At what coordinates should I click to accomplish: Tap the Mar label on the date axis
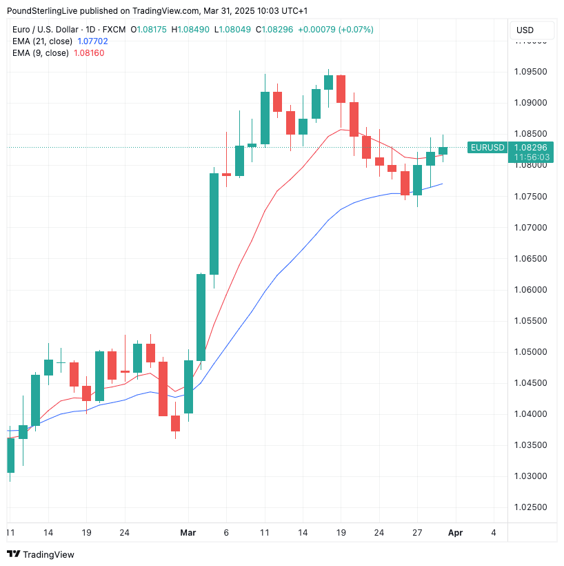coord(188,533)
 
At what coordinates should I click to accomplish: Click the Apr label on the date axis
coord(456,533)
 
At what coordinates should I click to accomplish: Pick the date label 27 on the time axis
coord(417,533)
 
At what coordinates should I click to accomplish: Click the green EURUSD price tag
coord(487,147)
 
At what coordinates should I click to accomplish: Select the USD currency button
coord(525,30)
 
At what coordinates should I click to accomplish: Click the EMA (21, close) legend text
coord(41,41)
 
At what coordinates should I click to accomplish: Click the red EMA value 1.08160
coord(89,53)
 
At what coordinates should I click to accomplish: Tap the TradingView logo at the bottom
coord(41,554)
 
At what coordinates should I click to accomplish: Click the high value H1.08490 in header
coord(193,30)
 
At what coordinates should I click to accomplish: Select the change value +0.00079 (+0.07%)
coord(336,30)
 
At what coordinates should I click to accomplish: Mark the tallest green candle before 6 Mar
coord(214,224)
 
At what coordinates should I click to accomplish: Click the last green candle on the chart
coord(443,150)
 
